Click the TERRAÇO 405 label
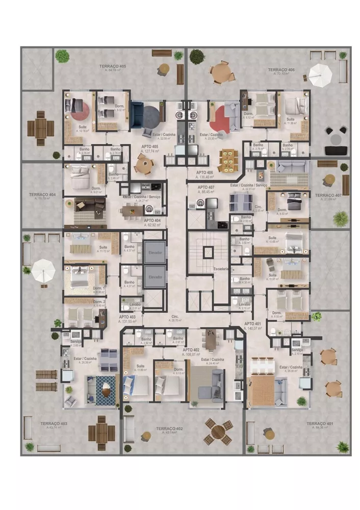click(x=113, y=67)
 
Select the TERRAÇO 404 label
click(x=42, y=195)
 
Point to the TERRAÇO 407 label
click(x=328, y=195)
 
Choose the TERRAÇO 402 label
click(x=169, y=428)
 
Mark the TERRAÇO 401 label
click(x=320, y=424)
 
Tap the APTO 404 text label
click(x=152, y=220)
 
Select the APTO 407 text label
click(x=207, y=188)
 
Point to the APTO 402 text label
click(x=191, y=350)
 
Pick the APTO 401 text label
click(x=252, y=324)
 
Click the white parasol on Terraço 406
click(x=320, y=74)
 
